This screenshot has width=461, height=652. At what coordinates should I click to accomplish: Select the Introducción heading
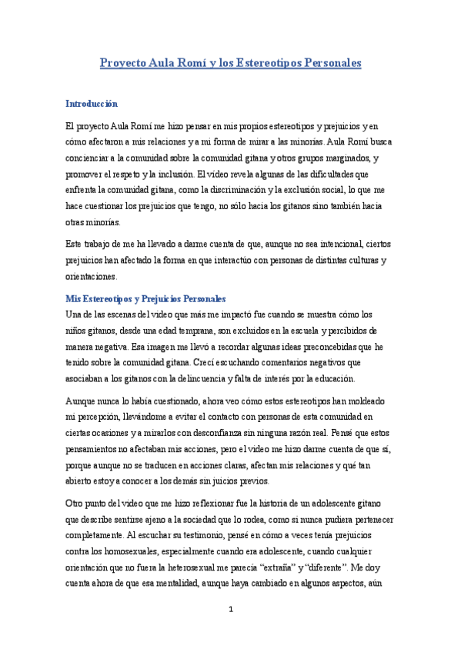(x=92, y=104)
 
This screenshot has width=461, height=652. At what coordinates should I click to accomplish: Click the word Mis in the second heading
(x=73, y=298)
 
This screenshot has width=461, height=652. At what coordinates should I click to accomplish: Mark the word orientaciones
(x=91, y=276)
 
